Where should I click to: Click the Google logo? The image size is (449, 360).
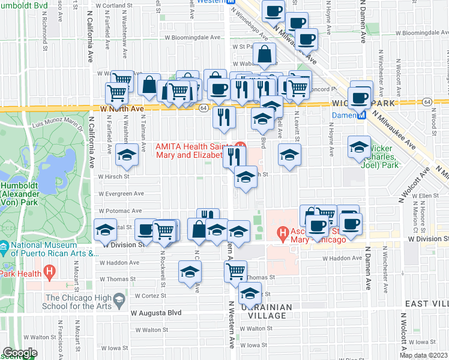click(x=20, y=353)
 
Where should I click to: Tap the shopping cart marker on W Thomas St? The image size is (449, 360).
click(x=235, y=271)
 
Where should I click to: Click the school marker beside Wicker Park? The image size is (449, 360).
click(x=359, y=147)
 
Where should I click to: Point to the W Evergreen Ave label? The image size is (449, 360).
click(x=122, y=194)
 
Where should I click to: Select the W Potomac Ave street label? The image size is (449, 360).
click(x=119, y=211)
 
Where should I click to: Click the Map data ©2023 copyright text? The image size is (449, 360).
click(x=423, y=355)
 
